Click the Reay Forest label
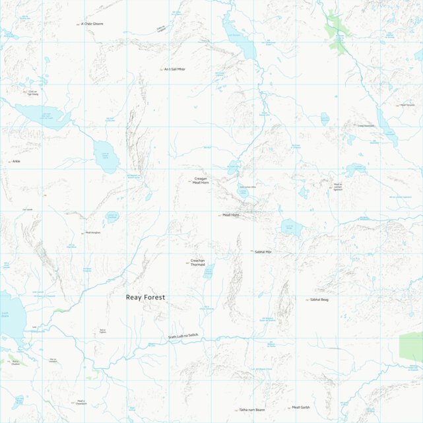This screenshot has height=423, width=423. (145, 298)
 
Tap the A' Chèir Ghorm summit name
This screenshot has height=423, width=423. (92, 24)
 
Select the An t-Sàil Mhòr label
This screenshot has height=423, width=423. (175, 69)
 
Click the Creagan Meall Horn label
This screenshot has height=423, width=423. (201, 180)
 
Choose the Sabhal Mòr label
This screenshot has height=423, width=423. (263, 252)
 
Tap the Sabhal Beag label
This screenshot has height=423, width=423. (319, 300)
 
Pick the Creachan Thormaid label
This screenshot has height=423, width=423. (197, 262)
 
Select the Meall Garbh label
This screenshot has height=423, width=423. (300, 407)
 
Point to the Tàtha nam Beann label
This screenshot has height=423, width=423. (252, 410)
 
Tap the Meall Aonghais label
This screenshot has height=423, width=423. (92, 233)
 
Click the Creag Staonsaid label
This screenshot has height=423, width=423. (366, 125)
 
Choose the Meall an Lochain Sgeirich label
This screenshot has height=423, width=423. (338, 187)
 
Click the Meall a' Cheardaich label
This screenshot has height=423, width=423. (81, 403)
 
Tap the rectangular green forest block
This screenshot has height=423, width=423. (410, 348)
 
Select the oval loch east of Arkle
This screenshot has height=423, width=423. (106, 156)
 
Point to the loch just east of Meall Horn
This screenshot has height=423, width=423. (290, 228)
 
